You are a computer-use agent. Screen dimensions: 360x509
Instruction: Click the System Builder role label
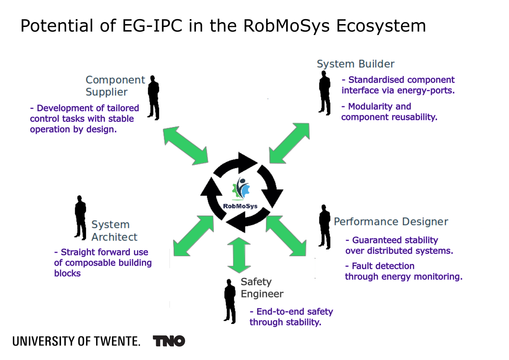(x=355, y=64)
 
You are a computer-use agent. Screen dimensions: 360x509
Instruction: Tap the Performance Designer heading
(x=391, y=222)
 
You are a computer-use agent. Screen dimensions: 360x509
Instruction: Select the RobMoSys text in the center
(x=240, y=206)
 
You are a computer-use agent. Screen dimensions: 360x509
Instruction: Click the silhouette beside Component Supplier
(x=154, y=98)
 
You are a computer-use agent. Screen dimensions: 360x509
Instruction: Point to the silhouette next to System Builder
(x=325, y=93)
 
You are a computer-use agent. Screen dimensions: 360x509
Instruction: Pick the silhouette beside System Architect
(x=80, y=218)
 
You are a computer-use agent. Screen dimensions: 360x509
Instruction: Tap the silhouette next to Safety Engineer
(x=230, y=301)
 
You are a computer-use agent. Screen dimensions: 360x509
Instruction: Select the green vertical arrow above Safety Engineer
(x=239, y=255)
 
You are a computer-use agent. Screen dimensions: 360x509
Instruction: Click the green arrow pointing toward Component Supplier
(x=185, y=145)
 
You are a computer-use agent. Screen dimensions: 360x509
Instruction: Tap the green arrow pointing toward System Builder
(x=289, y=143)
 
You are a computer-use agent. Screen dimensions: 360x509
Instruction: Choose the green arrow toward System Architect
(x=193, y=236)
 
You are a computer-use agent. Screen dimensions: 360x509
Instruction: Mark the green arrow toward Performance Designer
(x=286, y=236)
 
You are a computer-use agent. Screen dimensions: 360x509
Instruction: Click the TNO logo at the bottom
(x=169, y=341)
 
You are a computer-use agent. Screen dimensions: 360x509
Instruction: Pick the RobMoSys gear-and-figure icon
(x=241, y=189)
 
